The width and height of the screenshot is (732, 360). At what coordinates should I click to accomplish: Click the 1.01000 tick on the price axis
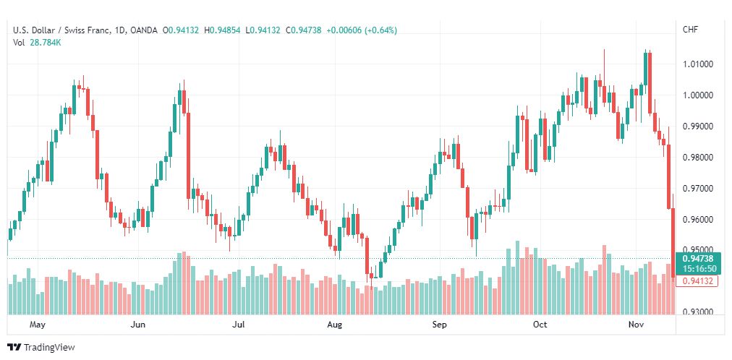pyautogui.click(x=697, y=64)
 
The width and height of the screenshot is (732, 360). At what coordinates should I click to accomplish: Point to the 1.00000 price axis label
pyautogui.click(x=697, y=95)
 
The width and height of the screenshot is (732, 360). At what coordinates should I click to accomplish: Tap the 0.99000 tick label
pyautogui.click(x=697, y=127)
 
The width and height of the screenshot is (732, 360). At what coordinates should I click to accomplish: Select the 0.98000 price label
pyautogui.click(x=697, y=158)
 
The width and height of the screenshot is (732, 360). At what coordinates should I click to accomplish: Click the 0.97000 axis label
pyautogui.click(x=697, y=189)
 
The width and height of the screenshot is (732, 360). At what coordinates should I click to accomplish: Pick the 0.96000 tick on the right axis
pyautogui.click(x=697, y=220)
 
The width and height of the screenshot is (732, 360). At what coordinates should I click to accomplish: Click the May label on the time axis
pyautogui.click(x=38, y=325)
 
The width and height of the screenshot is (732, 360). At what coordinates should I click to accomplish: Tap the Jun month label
pyautogui.click(x=138, y=325)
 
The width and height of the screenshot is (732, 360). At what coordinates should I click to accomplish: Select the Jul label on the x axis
pyautogui.click(x=239, y=325)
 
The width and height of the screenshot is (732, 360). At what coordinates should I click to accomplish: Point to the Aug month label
pyautogui.click(x=335, y=325)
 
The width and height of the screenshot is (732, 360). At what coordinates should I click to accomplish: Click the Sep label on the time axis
pyautogui.click(x=440, y=325)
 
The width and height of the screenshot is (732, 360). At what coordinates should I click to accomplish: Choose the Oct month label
pyautogui.click(x=540, y=325)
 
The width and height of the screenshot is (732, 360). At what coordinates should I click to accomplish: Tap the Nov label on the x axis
pyautogui.click(x=636, y=325)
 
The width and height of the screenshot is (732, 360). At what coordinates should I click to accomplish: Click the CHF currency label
pyautogui.click(x=690, y=30)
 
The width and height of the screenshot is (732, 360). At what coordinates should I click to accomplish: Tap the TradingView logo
pyautogui.click(x=41, y=348)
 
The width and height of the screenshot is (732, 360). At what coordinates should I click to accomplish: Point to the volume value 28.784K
pyautogui.click(x=46, y=43)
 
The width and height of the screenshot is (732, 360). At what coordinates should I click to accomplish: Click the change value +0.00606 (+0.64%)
pyautogui.click(x=362, y=30)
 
